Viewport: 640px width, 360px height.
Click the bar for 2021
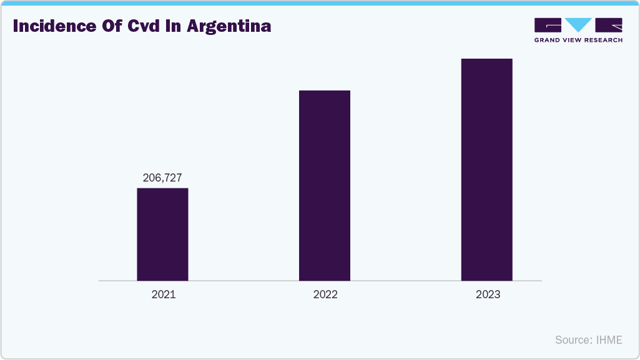[162, 234]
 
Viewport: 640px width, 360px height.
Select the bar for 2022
[325, 185]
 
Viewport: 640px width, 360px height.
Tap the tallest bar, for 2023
[486, 170]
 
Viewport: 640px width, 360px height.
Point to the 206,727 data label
[162, 178]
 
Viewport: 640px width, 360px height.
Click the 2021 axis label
[164, 294]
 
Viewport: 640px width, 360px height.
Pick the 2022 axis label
[325, 294]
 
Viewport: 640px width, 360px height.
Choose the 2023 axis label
[488, 294]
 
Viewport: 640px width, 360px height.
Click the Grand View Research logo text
[578, 41]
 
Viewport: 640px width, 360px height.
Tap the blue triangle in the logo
[578, 25]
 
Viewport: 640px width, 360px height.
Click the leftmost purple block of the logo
[548, 25]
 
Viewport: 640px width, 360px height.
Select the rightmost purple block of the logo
[609, 25]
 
